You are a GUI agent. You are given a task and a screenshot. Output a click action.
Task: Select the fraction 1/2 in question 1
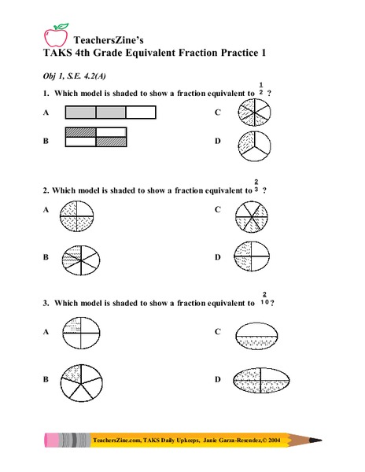point(260,88)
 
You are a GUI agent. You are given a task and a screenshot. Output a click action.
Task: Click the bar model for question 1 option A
point(109,113)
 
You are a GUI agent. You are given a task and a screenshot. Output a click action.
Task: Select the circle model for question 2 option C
point(252,215)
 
